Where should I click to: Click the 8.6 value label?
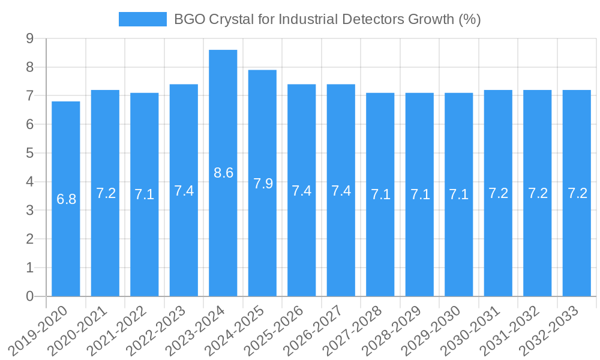pyautogui.click(x=223, y=173)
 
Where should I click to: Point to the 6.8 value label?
pyautogui.click(x=66, y=199)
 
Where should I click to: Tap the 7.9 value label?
pyautogui.click(x=263, y=184)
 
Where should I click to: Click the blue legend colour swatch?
pyautogui.click(x=142, y=19)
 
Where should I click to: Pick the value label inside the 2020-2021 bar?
pyautogui.click(x=106, y=193)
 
